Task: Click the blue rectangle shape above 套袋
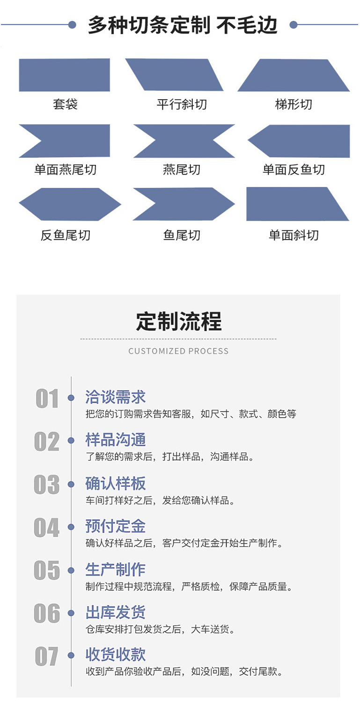(x=64, y=75)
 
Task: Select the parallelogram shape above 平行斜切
(x=174, y=75)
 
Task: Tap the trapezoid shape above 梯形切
(x=294, y=75)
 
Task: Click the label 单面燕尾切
(x=65, y=169)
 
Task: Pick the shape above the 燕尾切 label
(x=184, y=140)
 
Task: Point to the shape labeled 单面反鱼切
(x=300, y=140)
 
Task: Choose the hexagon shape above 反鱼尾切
(x=69, y=204)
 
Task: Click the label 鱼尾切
(x=182, y=235)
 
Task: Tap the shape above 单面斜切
(x=295, y=204)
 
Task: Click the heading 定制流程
(x=179, y=321)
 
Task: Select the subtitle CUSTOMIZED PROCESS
(x=178, y=351)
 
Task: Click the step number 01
(x=47, y=399)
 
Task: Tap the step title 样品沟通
(x=116, y=440)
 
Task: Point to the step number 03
(x=47, y=485)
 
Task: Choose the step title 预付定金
(x=116, y=526)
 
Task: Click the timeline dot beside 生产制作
(x=71, y=570)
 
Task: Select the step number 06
(x=47, y=613)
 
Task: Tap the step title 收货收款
(x=116, y=655)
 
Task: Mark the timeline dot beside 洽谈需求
(x=71, y=398)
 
